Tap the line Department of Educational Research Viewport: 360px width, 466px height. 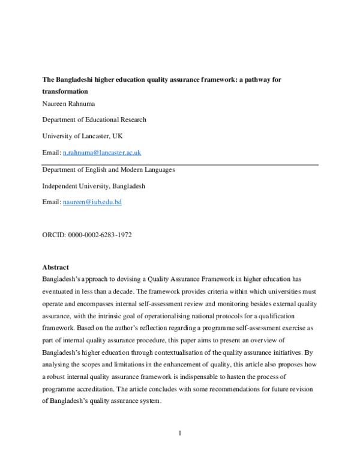point(94,120)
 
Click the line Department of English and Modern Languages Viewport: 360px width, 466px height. point(109,170)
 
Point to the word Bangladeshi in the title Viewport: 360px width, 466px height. point(76,79)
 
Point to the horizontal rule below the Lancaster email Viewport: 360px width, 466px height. point(180,162)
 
